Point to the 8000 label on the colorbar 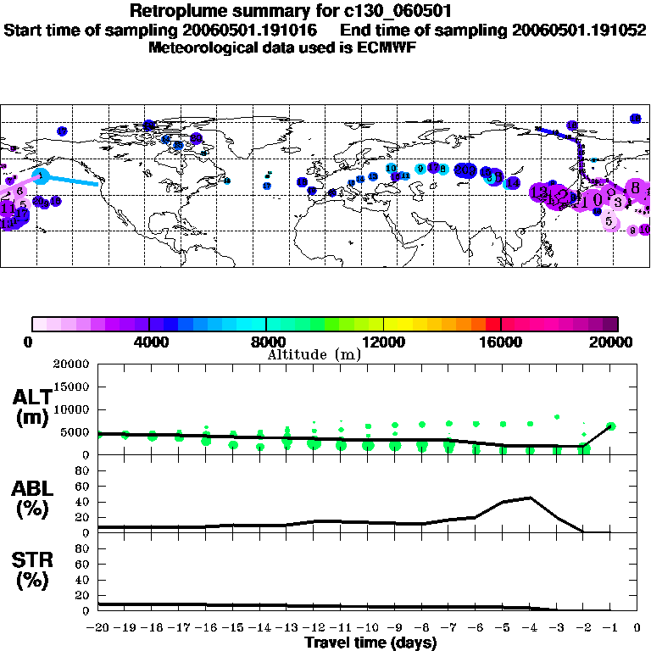click(266, 342)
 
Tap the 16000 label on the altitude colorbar click(501, 342)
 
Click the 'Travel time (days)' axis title click(370, 643)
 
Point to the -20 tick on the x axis click(98, 627)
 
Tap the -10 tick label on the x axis click(368, 627)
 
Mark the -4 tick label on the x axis click(530, 627)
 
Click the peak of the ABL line click(530, 498)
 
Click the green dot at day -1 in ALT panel click(610, 426)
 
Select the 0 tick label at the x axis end click(637, 627)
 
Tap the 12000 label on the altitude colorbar click(384, 342)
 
